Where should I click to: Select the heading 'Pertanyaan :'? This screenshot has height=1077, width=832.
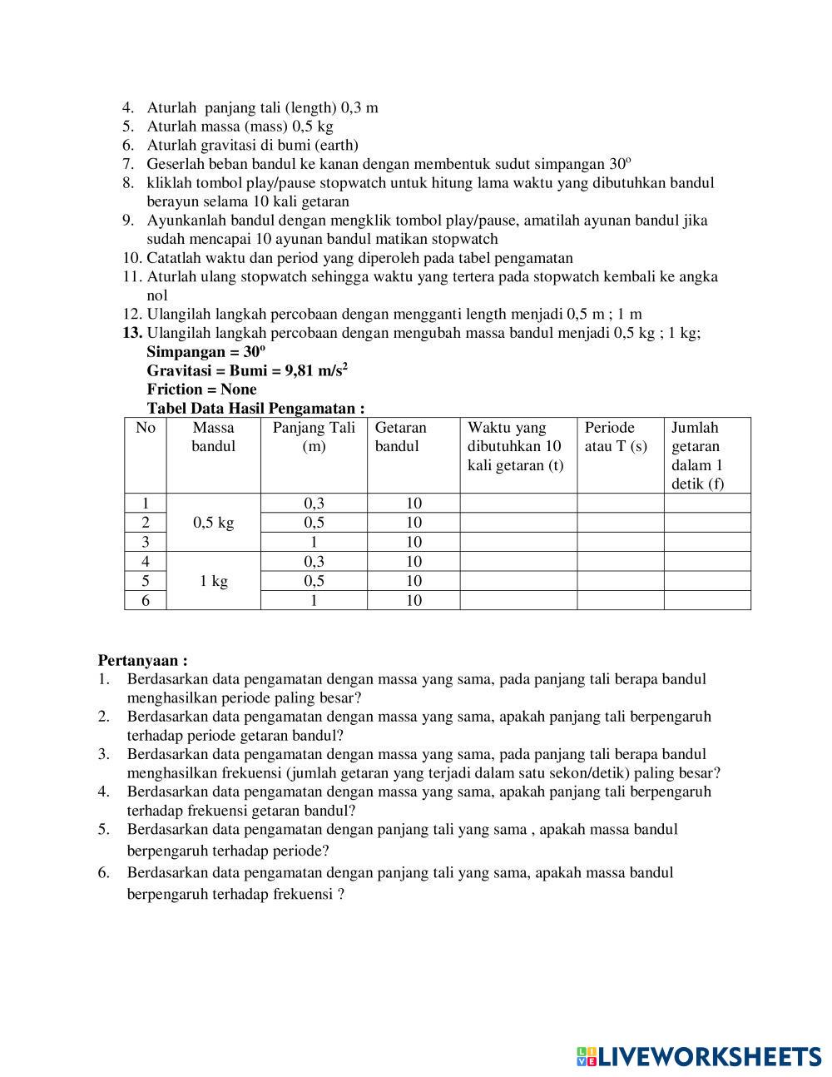click(x=142, y=661)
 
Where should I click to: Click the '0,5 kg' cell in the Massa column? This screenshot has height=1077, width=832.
click(x=213, y=523)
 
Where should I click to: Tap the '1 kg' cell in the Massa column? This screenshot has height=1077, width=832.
click(x=213, y=581)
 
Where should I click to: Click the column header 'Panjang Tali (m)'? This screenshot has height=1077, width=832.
click(x=314, y=437)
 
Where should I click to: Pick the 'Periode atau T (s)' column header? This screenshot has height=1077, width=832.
click(x=616, y=437)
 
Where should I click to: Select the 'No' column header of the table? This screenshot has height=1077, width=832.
click(x=146, y=428)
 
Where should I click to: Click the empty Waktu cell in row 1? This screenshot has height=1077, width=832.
click(x=518, y=503)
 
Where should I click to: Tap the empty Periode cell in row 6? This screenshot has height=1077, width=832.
click(x=620, y=600)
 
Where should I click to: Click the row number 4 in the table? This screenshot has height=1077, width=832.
click(x=146, y=562)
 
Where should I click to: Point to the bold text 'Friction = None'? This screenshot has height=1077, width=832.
click(x=201, y=390)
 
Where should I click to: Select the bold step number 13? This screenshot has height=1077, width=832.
click(x=132, y=333)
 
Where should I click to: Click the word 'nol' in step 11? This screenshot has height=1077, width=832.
click(x=157, y=295)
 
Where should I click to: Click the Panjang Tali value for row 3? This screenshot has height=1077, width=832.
click(x=314, y=542)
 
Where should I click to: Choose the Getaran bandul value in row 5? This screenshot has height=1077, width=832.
click(x=414, y=581)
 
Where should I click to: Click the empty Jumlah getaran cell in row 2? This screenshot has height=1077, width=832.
click(x=706, y=523)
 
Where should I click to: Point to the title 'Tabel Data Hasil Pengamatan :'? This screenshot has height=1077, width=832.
click(x=255, y=409)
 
